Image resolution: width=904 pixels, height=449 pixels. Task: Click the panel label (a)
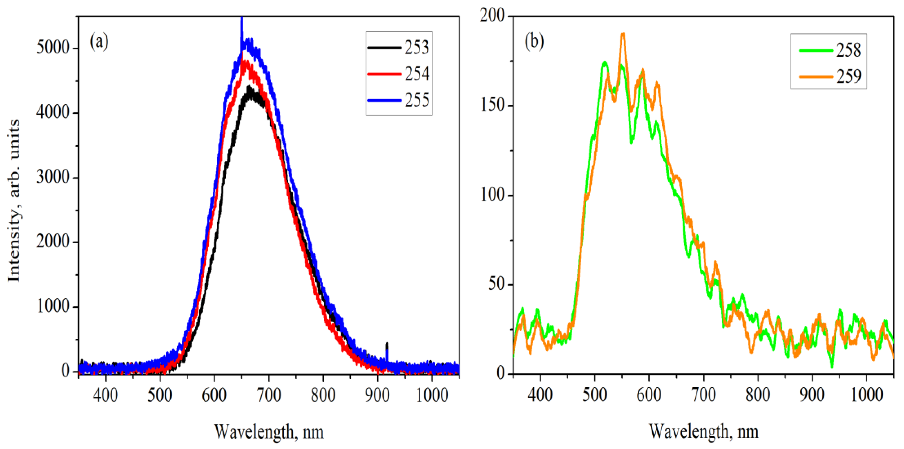[x=99, y=42]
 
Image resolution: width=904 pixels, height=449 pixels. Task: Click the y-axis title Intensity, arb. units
[x=14, y=200]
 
